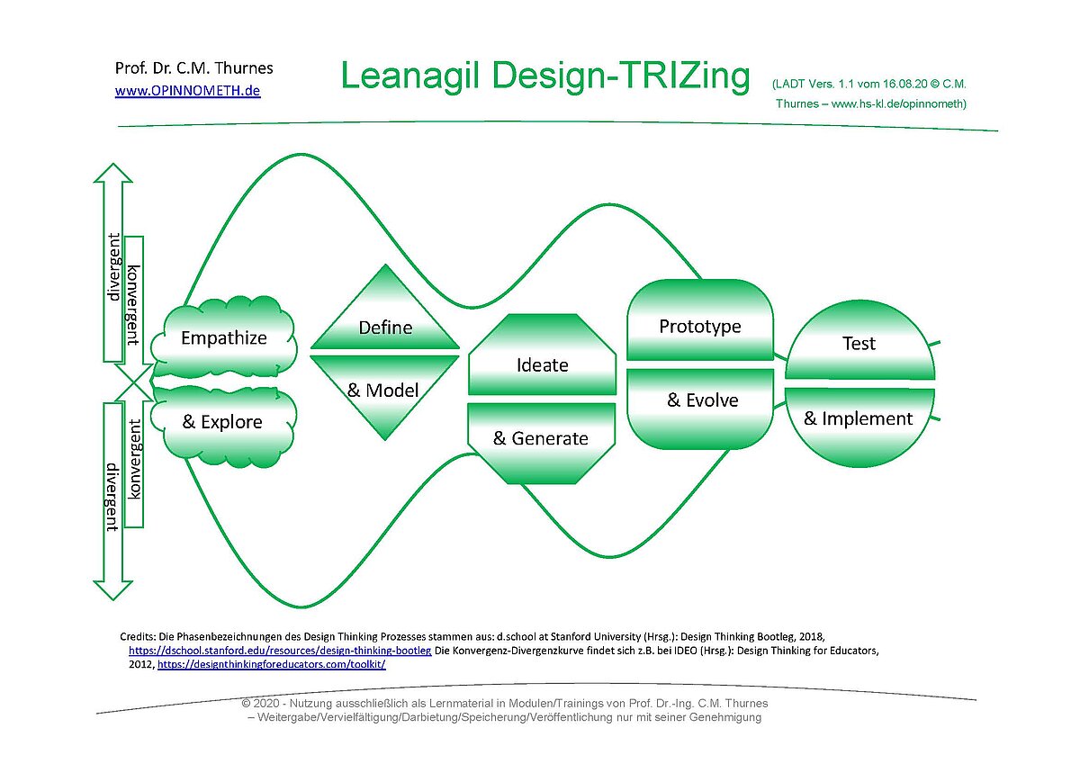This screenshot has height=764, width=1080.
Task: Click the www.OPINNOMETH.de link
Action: pos(187,91)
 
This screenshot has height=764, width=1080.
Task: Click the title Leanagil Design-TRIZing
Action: pos(545,76)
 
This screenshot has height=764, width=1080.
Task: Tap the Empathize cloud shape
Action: pos(224,337)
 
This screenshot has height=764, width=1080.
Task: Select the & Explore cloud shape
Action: pos(223,427)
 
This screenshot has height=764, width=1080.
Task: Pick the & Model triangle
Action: pos(385,391)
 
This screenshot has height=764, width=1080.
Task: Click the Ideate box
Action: pos(543,355)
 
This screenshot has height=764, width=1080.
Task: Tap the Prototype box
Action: pos(700,319)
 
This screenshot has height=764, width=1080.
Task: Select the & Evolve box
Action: pos(700,409)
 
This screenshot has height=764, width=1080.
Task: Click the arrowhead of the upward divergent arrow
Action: pos(112,173)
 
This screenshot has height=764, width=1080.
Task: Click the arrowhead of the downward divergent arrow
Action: pos(112,590)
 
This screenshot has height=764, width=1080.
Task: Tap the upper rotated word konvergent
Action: pos(133,305)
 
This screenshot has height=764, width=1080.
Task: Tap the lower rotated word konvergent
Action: pos(133,459)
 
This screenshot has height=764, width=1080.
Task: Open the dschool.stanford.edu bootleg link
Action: pos(280,651)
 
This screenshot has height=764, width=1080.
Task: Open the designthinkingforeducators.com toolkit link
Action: pos(272,664)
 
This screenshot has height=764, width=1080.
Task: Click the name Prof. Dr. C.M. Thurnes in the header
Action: pos(193,68)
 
